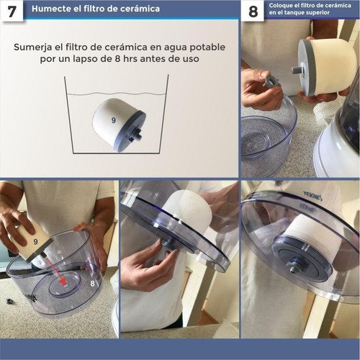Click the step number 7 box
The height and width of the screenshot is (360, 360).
tap(12, 12)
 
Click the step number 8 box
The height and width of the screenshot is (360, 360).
tap(253, 11)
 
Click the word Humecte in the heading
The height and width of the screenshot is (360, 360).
tap(45, 9)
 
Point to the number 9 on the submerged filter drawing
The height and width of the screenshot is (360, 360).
tap(114, 120)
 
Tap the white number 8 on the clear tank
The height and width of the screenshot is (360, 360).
tap(92, 284)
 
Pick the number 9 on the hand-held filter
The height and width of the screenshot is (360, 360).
tap(36, 242)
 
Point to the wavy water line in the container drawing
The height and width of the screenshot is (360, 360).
tap(117, 94)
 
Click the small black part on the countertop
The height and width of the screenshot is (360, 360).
tap(9, 301)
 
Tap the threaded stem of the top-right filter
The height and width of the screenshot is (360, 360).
tap(297, 70)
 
